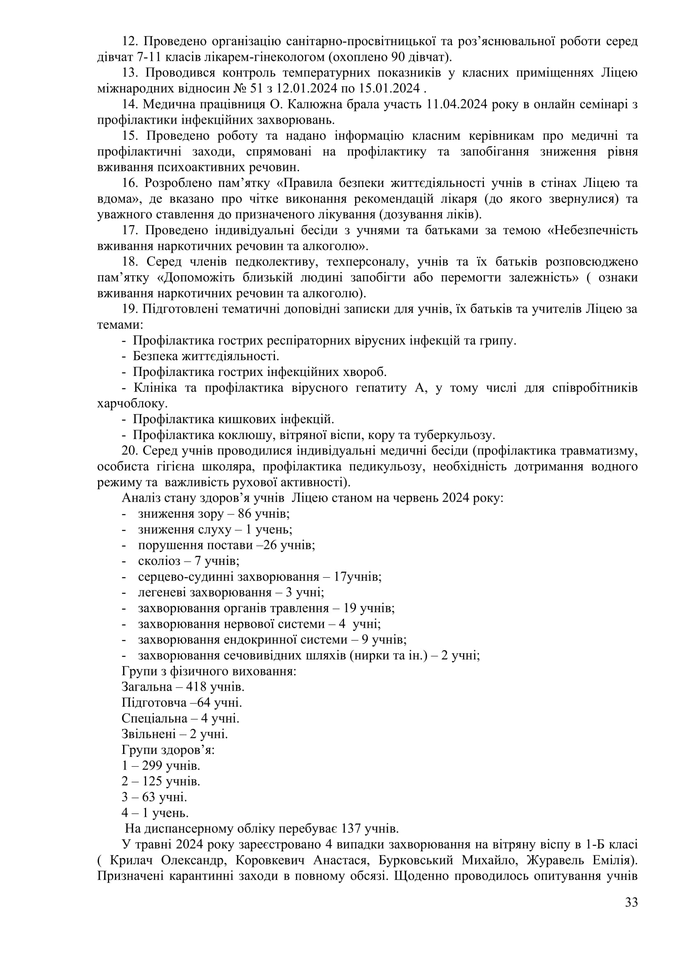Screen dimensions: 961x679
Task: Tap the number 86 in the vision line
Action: (x=245, y=514)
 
